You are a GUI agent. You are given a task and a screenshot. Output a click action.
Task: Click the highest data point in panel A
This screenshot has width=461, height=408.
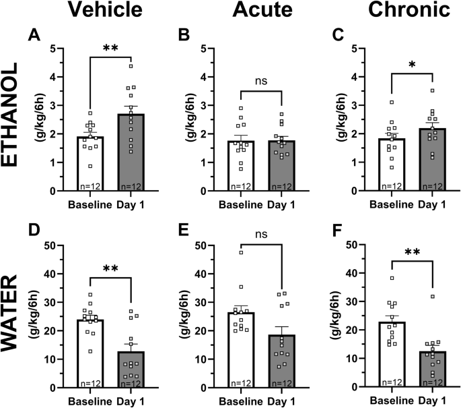point(132,65)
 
